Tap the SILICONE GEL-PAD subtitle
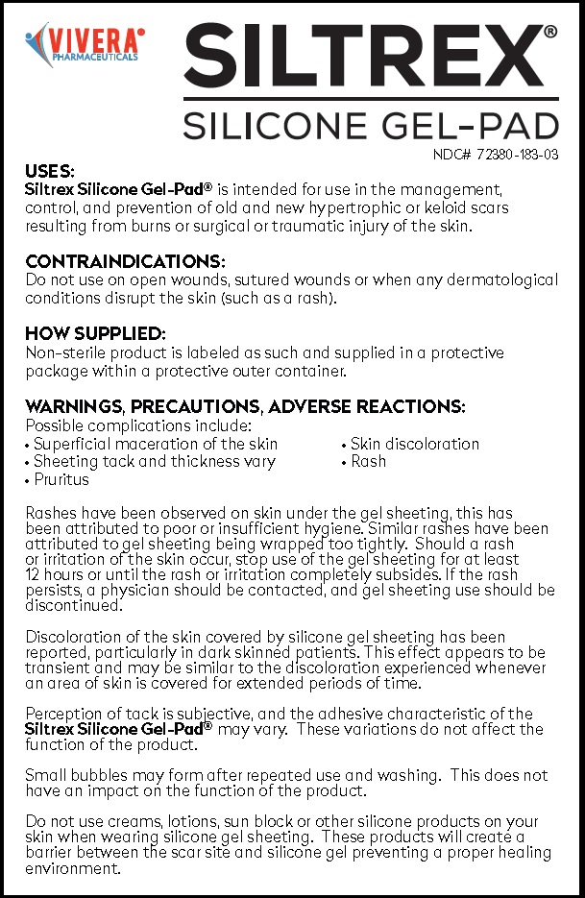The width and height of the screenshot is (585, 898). tap(370, 125)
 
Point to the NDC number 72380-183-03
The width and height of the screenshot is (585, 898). tap(495, 154)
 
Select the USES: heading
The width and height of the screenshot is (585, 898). tap(50, 172)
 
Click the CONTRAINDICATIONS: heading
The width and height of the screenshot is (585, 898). tap(126, 261)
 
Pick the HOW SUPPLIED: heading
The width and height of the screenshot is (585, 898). tap(95, 334)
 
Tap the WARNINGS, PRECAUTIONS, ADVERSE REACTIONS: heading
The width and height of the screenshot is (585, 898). tap(245, 406)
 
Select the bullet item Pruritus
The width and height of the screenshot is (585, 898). tap(61, 479)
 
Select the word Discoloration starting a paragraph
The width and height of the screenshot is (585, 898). tap(73, 638)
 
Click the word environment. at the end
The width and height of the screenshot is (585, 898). tap(73, 870)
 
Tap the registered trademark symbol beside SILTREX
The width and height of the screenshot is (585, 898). tap(549, 32)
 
